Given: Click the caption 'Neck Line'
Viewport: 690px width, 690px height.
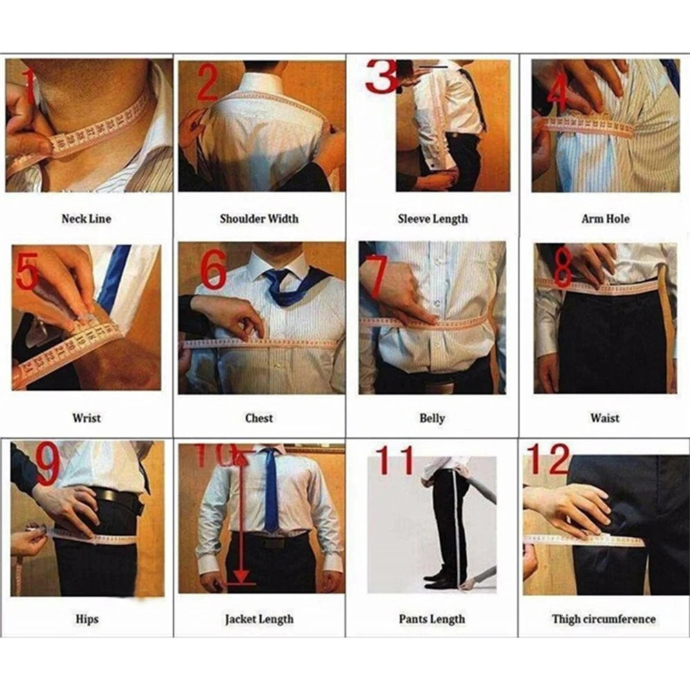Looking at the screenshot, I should pyautogui.click(x=86, y=219).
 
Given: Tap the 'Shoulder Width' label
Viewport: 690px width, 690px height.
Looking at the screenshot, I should pyautogui.click(x=259, y=219).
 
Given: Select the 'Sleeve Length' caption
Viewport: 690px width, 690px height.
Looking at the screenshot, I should pyautogui.click(x=433, y=219).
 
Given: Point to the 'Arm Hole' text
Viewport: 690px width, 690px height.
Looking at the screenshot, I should pyautogui.click(x=605, y=219).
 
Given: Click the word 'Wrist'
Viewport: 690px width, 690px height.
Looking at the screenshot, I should pyautogui.click(x=86, y=418).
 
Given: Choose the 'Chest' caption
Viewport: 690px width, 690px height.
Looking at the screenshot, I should pyautogui.click(x=259, y=418).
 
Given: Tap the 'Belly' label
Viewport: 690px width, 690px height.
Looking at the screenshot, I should pyautogui.click(x=432, y=418).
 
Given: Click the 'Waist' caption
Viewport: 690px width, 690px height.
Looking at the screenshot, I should pyautogui.click(x=604, y=418).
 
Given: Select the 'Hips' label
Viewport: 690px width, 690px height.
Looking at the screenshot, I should pyautogui.click(x=87, y=619).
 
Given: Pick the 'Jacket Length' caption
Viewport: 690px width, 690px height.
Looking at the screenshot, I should pyautogui.click(x=259, y=619).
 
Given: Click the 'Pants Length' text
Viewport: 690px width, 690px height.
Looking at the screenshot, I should pyautogui.click(x=432, y=619).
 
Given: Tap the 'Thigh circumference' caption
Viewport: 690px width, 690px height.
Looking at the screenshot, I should pyautogui.click(x=604, y=619).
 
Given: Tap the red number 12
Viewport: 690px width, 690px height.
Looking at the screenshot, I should pyautogui.click(x=549, y=460).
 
